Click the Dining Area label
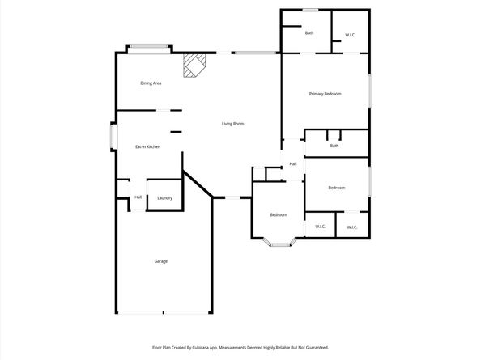coord(151,83)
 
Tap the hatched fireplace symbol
coord(194,66)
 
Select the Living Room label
coord(233,124)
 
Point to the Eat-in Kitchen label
coord(148,146)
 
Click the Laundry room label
coord(164,198)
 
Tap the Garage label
coord(161,261)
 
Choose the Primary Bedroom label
coord(326,94)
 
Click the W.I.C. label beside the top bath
coord(351,35)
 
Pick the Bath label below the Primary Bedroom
coord(334,146)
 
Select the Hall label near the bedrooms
coord(293,164)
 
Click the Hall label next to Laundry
coord(138,197)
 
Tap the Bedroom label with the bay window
coord(279,214)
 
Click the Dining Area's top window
coord(149,47)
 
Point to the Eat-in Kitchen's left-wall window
coord(113,137)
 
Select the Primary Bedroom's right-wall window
coord(369,91)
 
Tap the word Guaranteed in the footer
coord(318,348)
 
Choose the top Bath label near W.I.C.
coord(309,33)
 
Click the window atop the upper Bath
coord(310,10)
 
